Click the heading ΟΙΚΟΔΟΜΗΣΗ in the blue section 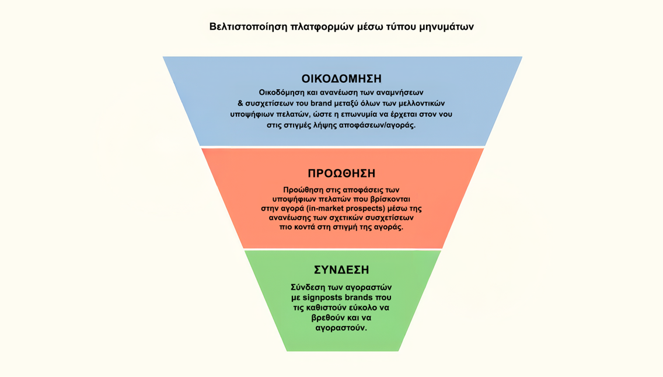[341, 79]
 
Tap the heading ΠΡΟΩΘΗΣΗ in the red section [341, 173]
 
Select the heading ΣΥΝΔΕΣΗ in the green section [341, 270]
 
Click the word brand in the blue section [322, 103]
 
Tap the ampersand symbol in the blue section [240, 103]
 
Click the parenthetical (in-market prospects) [352, 209]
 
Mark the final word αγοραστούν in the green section [341, 329]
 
